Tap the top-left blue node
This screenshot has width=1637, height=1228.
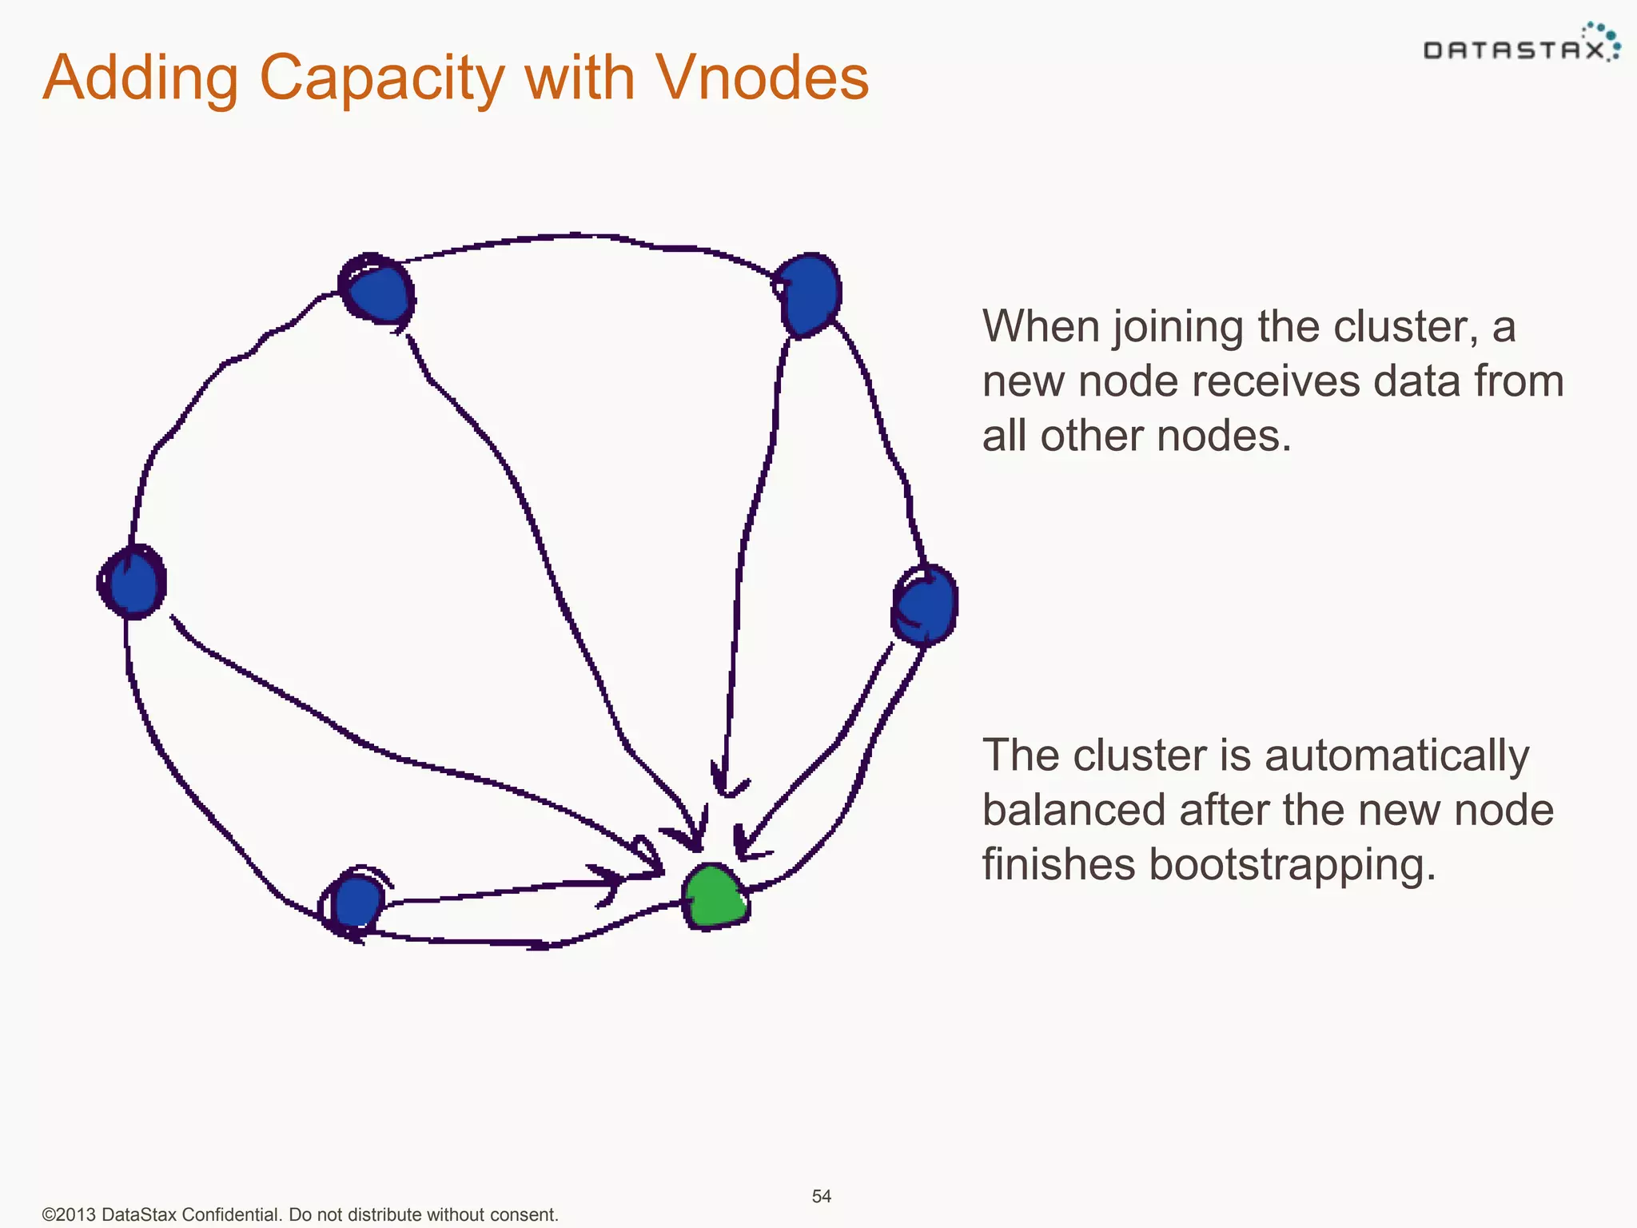[x=377, y=291]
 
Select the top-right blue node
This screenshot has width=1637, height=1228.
[x=809, y=293]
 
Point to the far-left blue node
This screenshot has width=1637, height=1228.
[x=133, y=582]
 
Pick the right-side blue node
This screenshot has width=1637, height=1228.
[x=925, y=604]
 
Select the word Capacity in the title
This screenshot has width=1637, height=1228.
[x=382, y=79]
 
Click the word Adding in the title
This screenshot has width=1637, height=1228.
[x=141, y=79]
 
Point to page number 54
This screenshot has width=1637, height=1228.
[x=822, y=1196]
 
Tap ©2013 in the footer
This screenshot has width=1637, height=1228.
[x=70, y=1214]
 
